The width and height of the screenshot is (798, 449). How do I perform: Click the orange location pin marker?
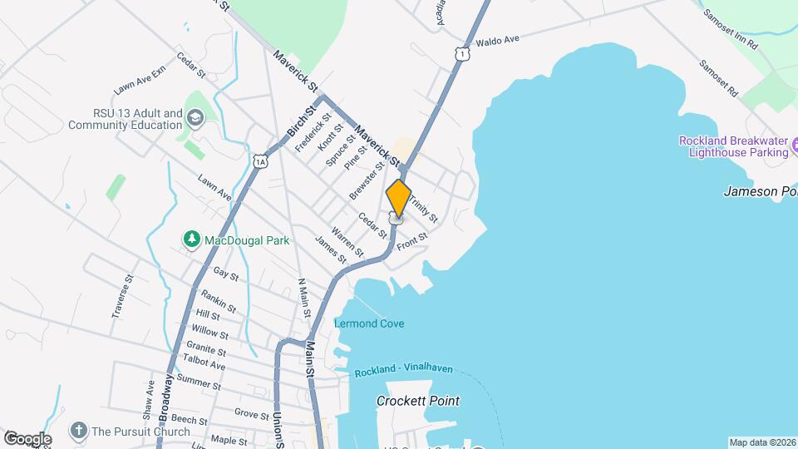pos(398,198)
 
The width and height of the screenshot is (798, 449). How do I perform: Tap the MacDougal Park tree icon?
pos(192,240)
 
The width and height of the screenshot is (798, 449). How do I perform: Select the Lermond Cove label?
pos(369,323)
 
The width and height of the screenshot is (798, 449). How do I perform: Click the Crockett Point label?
pos(417,401)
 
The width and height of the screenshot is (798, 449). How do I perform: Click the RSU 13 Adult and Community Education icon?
pos(195,118)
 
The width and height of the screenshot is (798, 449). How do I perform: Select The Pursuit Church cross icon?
pos(79,431)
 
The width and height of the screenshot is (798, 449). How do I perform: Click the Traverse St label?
pos(123,298)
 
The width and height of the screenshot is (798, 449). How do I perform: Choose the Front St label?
pos(411,242)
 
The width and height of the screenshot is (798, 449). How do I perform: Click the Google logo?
pos(27,439)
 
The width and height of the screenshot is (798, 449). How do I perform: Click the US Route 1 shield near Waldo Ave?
pos(461,54)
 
